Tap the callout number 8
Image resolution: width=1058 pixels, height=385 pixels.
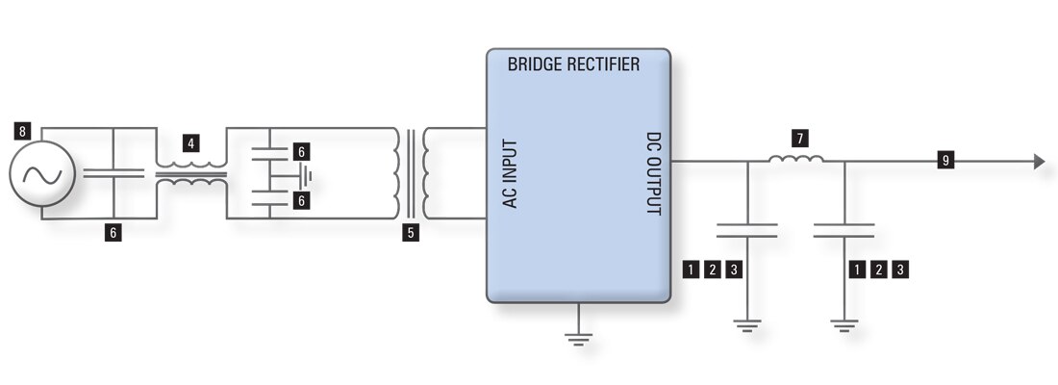[x=22, y=129]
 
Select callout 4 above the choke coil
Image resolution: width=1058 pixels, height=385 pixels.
[x=192, y=143]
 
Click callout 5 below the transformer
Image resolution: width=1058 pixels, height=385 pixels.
[x=412, y=232]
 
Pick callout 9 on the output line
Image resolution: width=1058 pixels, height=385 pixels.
[x=945, y=161]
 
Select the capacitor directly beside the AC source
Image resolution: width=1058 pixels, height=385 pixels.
[x=113, y=173]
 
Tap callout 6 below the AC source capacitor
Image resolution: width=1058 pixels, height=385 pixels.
[x=113, y=233]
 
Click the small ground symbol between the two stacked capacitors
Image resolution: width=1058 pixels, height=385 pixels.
[x=305, y=175]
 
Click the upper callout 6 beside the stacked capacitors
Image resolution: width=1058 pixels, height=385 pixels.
[x=300, y=151]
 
